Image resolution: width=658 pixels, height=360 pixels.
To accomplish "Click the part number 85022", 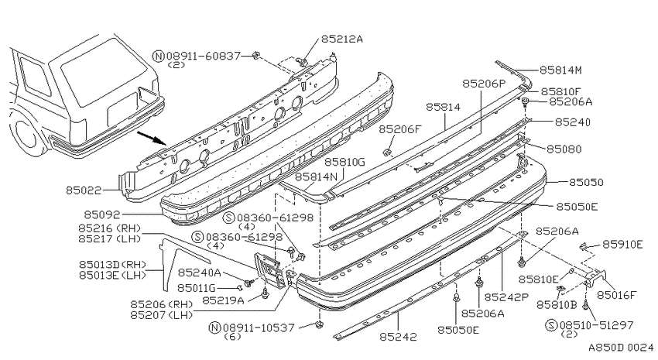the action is click(84, 190).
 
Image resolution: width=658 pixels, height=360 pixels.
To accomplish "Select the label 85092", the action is click(102, 214).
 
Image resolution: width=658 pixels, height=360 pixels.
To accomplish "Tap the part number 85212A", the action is click(342, 39).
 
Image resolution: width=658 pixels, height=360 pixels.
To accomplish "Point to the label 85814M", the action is click(560, 70).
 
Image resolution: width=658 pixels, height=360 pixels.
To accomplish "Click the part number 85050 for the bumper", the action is click(586, 182).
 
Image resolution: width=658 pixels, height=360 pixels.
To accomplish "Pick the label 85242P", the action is click(506, 297).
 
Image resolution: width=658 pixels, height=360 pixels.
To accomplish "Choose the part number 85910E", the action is click(622, 244).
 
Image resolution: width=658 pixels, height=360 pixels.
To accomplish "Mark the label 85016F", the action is click(617, 295).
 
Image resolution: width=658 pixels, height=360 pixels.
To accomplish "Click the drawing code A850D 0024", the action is click(621, 348).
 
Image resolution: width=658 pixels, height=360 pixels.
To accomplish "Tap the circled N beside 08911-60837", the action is click(159, 57).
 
